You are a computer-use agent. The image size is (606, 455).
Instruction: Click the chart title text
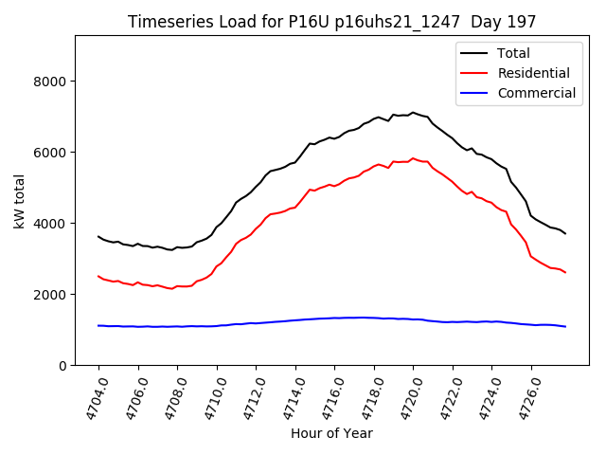tap(331, 22)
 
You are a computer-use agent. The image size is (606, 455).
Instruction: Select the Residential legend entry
tap(533, 73)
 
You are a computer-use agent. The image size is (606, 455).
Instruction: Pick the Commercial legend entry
tap(536, 93)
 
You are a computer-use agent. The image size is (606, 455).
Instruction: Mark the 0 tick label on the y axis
tap(62, 366)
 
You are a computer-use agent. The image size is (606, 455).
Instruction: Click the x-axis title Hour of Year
tap(331, 433)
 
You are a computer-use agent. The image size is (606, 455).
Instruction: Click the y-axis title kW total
tap(19, 200)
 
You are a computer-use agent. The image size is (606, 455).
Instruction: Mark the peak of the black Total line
tap(413, 112)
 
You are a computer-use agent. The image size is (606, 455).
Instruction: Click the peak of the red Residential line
tap(413, 158)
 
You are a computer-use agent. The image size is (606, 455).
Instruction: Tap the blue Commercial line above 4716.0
tap(334, 318)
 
